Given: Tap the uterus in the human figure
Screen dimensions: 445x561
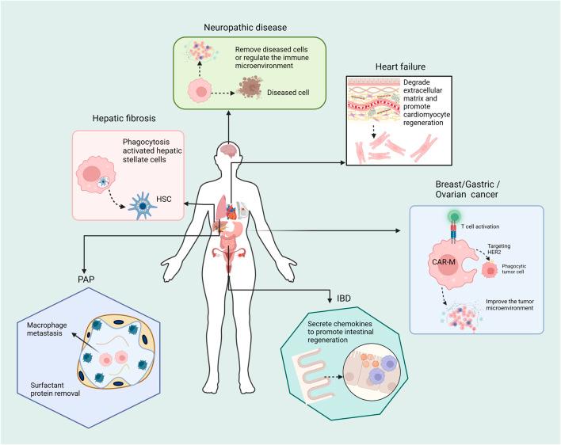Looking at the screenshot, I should tap(231, 256).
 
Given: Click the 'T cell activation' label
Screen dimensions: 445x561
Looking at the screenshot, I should tap(487, 225).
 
